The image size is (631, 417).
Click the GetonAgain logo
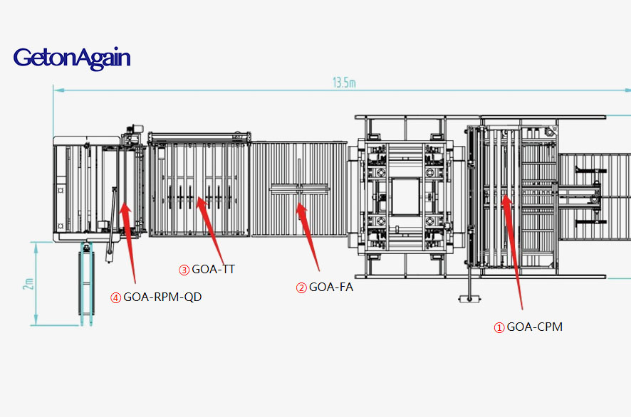72,58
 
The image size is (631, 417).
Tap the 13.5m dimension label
344,83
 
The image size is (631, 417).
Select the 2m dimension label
28,283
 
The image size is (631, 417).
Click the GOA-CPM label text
534,327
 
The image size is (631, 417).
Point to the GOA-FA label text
330,287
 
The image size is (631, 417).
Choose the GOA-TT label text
213,270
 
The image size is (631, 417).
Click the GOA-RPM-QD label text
162,297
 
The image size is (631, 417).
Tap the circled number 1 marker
499,328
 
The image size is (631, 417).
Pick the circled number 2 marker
301,288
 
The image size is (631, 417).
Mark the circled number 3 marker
184,270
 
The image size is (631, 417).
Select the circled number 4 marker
116,298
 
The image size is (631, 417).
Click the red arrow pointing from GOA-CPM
513,252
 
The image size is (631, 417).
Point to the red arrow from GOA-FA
308,237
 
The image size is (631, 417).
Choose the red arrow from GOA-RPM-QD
128,243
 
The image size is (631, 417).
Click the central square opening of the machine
406,197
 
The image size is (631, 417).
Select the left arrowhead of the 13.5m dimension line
58,90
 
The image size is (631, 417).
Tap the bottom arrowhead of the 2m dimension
36,320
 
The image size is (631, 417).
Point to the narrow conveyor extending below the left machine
86,283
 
